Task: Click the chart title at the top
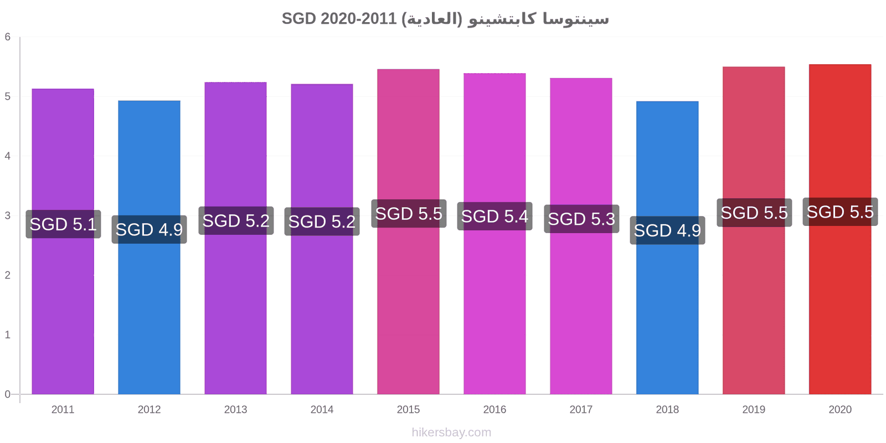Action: click(445, 19)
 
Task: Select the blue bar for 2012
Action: click(149, 247)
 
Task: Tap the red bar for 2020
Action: click(840, 229)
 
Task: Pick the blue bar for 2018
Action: click(667, 248)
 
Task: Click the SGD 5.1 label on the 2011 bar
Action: click(63, 224)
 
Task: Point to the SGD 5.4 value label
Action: click(495, 217)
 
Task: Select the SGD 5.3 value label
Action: click(581, 219)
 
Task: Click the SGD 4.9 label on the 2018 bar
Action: click(668, 230)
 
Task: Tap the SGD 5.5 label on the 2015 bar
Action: click(409, 214)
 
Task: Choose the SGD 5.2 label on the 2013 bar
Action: click(236, 221)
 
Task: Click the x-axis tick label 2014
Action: click(322, 409)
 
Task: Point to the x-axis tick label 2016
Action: click(494, 409)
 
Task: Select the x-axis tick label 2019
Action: click(754, 409)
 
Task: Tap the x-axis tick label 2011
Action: click(63, 409)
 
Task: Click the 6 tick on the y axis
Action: click(8, 37)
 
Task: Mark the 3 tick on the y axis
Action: click(8, 215)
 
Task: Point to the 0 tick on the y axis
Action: click(8, 394)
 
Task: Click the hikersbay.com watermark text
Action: click(451, 432)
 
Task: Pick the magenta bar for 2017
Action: click(581, 236)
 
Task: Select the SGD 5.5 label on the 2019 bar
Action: click(754, 213)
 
